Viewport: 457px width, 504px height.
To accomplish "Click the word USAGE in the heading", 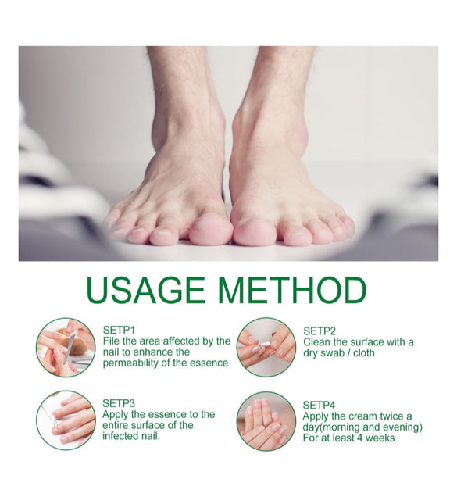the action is (x=145, y=290).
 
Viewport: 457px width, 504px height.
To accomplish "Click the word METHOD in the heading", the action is (x=294, y=290).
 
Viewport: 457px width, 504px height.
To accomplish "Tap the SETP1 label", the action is (x=119, y=330).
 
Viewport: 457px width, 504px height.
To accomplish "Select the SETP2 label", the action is (x=320, y=331).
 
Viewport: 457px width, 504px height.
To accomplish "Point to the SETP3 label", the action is (x=119, y=403).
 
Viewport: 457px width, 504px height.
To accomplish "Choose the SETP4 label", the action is (x=319, y=405).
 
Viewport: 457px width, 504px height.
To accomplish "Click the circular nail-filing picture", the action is (x=66, y=348).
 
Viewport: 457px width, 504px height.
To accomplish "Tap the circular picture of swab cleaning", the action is (x=266, y=348).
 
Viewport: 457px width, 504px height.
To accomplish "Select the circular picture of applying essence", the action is (x=66, y=420).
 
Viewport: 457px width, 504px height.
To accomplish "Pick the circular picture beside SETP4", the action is (x=266, y=421).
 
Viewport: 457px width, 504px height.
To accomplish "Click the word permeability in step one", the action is (x=131, y=363).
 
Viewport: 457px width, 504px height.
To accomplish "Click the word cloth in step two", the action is (x=364, y=353).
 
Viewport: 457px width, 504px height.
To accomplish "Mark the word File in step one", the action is (x=111, y=341).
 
